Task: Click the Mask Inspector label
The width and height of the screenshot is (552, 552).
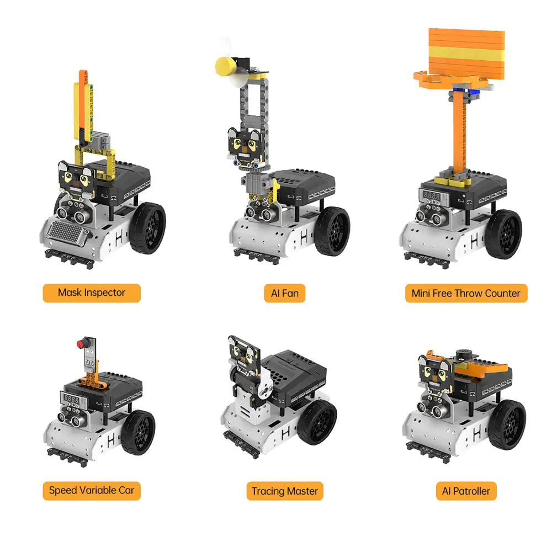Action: click(92, 293)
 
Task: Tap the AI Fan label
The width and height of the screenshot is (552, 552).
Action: click(284, 293)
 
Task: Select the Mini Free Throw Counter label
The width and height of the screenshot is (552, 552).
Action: click(466, 293)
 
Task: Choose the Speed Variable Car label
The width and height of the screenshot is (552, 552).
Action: click(92, 491)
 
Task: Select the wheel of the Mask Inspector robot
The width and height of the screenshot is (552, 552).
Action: click(147, 228)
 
